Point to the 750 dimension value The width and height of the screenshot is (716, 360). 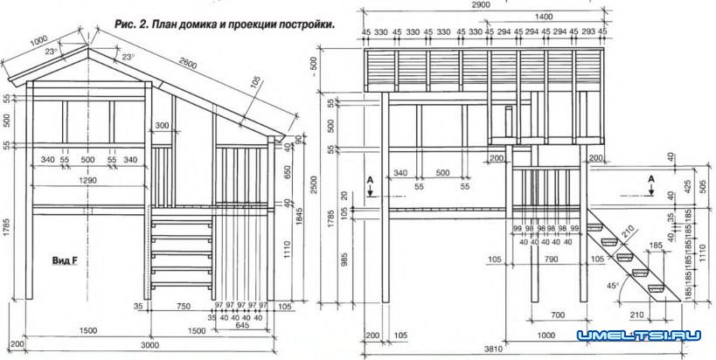(x=182, y=307)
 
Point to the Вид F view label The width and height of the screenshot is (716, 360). (x=65, y=260)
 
